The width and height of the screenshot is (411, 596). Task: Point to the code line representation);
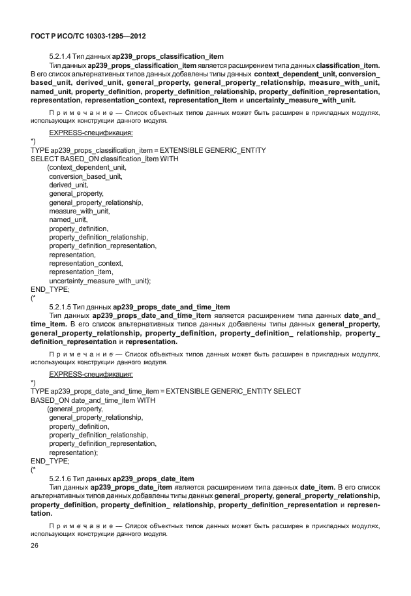(x=73, y=452)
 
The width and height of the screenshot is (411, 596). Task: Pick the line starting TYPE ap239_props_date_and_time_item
(x=166, y=391)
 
